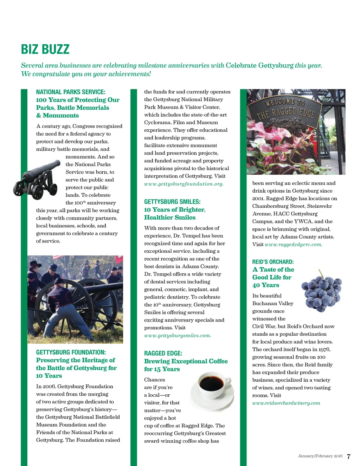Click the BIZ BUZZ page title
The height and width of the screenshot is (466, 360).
click(45, 49)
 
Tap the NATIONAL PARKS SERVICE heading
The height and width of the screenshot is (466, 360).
click(71, 92)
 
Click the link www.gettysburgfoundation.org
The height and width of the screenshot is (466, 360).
click(184, 184)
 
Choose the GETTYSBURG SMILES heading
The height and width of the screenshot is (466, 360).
click(172, 202)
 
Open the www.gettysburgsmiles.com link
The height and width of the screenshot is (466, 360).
click(178, 336)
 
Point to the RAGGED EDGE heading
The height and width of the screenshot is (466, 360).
click(163, 354)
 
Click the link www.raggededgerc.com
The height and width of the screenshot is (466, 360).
click(294, 245)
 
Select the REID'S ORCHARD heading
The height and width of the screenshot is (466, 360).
click(273, 262)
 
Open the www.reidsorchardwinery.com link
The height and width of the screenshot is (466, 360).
click(286, 403)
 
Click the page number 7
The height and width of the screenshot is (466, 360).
click(348, 457)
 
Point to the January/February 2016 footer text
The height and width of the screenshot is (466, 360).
click(320, 456)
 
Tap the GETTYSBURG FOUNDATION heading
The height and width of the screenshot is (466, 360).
click(71, 352)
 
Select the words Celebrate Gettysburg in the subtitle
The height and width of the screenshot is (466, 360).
click(259, 65)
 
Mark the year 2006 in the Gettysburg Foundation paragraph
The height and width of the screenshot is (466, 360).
click(49, 386)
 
